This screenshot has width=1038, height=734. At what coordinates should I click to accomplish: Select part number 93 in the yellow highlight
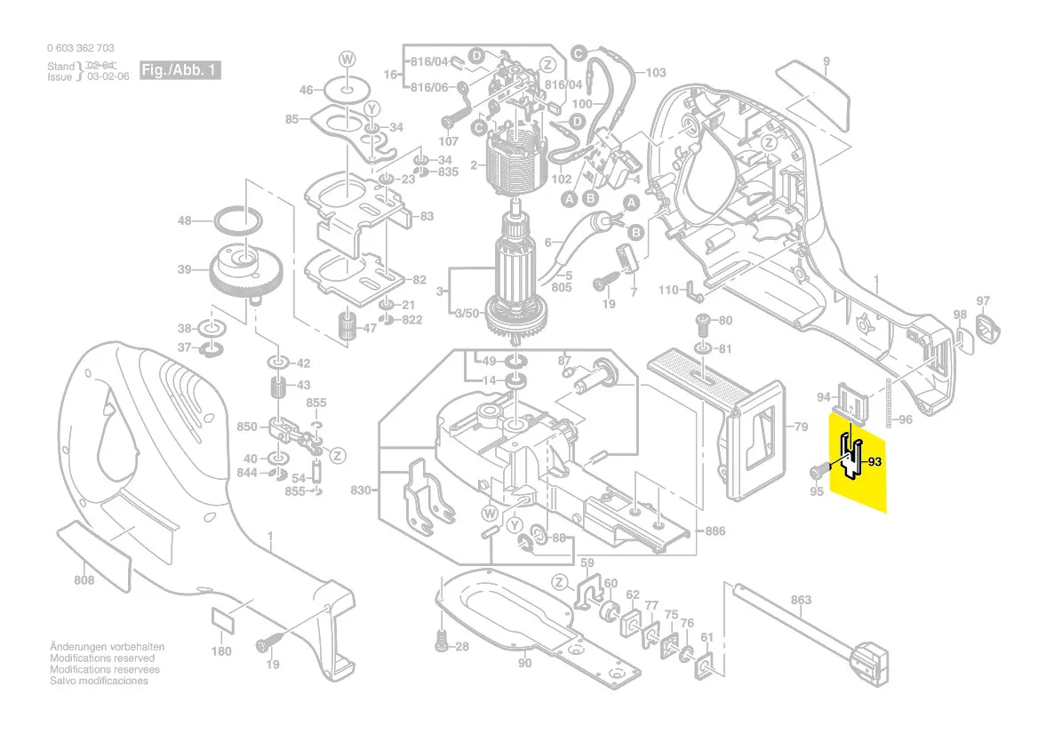(874, 461)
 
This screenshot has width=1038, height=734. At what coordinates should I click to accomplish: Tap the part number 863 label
(801, 600)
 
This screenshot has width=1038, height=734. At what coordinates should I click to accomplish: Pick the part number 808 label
(84, 581)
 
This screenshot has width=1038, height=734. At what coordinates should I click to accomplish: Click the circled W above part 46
(347, 59)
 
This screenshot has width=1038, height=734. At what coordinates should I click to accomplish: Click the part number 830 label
(360, 490)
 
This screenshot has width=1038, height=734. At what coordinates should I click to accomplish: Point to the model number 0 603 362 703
(80, 48)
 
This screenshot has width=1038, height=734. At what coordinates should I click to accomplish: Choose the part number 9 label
(826, 60)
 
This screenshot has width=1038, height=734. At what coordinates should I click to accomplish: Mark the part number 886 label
(715, 531)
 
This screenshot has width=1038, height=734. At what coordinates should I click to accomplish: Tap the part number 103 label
(655, 73)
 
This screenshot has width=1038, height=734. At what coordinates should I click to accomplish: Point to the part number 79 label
(801, 427)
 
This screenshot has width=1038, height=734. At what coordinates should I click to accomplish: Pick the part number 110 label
(668, 291)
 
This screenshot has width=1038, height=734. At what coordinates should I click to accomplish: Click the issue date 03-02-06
(108, 77)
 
